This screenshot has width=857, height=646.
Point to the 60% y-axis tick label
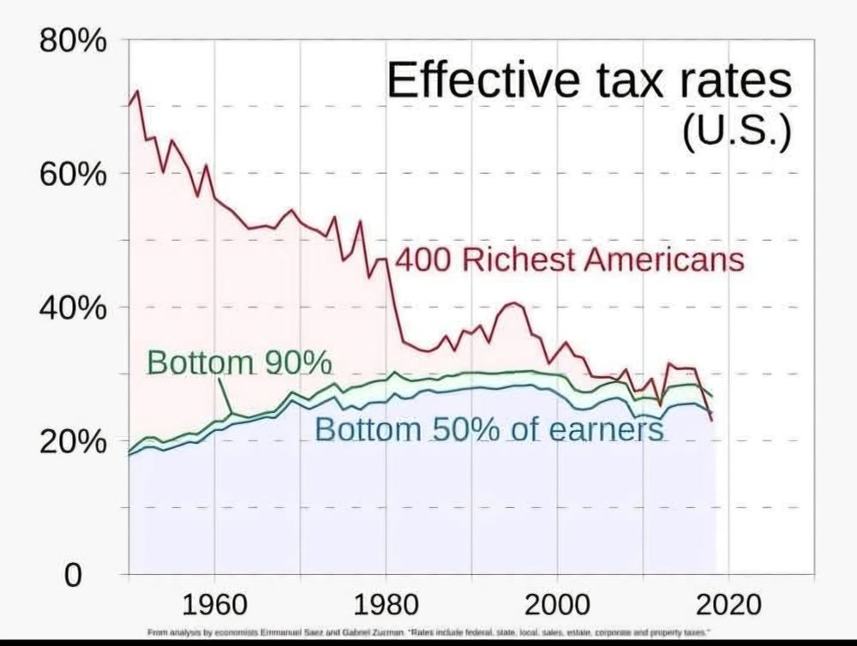pos(71,174)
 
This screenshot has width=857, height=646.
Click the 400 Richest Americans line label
pos(569,260)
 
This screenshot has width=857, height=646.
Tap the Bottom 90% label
pos(239,362)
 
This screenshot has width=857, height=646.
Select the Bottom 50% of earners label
pos(489,428)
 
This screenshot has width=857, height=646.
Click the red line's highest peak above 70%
pos(136,91)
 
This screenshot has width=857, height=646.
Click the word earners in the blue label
pos(606,428)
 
